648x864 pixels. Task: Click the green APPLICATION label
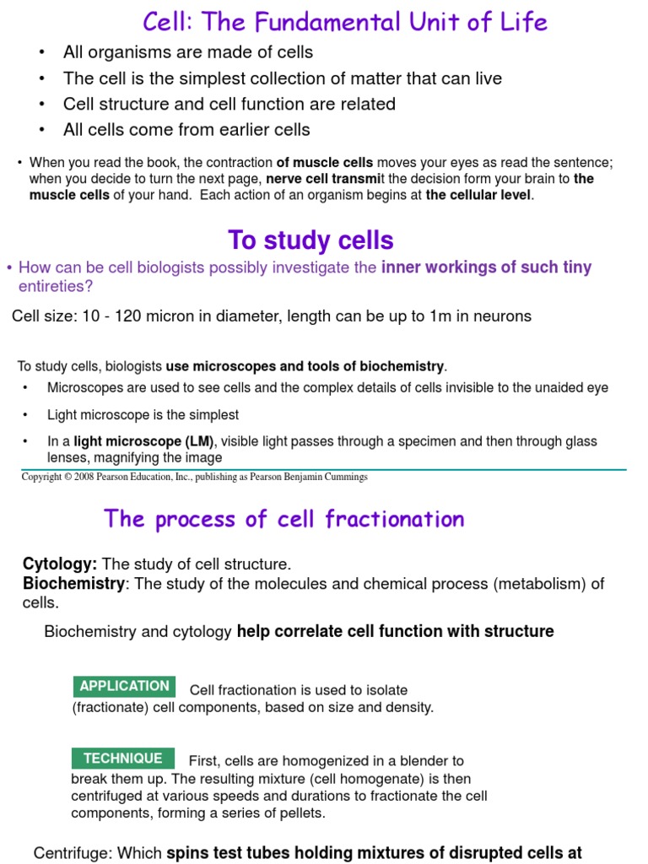tap(124, 686)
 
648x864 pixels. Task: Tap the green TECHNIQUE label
tap(123, 758)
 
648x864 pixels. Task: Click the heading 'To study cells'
tap(310, 240)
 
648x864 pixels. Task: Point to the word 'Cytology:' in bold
tap(60, 564)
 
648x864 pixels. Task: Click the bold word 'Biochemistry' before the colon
tap(73, 584)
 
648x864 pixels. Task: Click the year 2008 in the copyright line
tap(89, 478)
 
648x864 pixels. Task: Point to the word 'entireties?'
tap(56, 286)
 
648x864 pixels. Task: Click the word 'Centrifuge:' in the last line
tap(72, 853)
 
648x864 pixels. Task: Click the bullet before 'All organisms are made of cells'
tap(42, 53)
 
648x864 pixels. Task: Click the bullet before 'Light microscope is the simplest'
tap(26, 415)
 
